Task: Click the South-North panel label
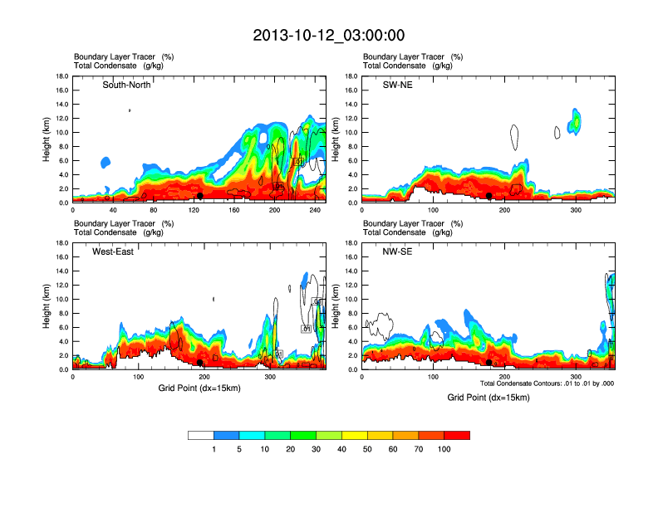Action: coord(126,85)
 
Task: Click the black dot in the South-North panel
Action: coord(200,196)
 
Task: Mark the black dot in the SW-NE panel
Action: coord(489,196)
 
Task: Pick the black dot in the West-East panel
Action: coord(200,363)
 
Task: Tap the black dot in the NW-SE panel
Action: coord(489,363)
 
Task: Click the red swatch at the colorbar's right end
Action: coord(457,435)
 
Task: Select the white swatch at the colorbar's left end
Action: coord(201,435)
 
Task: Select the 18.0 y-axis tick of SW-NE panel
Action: coord(351,76)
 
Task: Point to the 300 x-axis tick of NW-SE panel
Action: coord(576,378)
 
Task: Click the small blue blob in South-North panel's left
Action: coord(106,162)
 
